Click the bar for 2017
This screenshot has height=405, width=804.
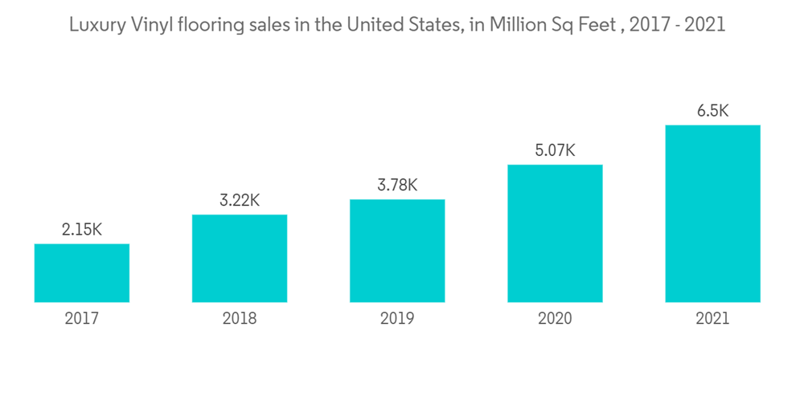point(82,273)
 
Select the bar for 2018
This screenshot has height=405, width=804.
point(240,259)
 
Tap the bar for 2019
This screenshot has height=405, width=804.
point(397,251)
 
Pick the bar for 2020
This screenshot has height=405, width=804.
point(555,233)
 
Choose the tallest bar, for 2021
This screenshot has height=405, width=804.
point(712,214)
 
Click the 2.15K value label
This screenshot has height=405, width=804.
point(82,230)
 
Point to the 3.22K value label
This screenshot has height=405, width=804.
point(240,201)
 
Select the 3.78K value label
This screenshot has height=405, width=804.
point(397,186)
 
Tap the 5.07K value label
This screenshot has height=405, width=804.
point(555,150)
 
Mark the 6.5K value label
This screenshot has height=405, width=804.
point(712,111)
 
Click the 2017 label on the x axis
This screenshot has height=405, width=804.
point(82,319)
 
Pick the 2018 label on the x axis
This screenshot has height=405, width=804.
point(240,319)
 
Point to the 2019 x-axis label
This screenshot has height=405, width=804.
point(397,319)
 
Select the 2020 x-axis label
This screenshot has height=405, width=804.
point(555,319)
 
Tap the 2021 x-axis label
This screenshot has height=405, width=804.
point(712,319)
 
